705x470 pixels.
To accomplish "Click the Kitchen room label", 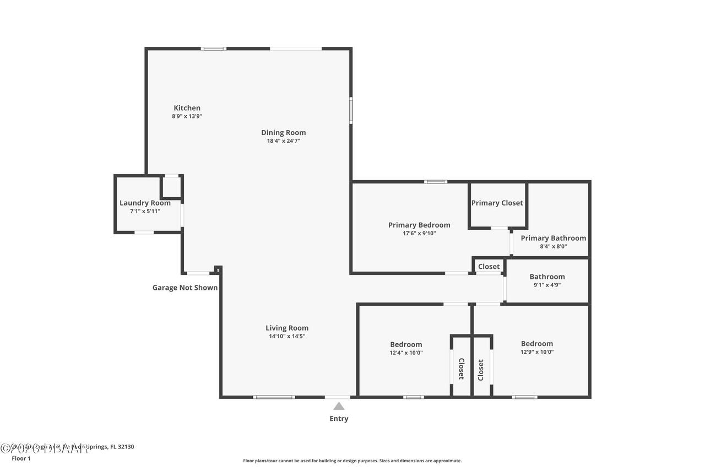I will coord(187,108).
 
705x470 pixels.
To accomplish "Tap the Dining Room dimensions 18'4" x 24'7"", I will coord(283,141).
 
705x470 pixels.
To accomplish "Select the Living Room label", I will coord(287,328).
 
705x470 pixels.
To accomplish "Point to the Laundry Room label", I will coord(145,203).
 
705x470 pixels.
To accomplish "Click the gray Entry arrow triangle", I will coord(339,406).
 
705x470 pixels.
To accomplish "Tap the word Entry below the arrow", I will coord(339,419).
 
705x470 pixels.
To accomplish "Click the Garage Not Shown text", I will coord(185,288).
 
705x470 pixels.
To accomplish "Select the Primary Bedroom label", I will coord(419,225).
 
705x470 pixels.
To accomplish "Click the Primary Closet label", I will coord(497,203).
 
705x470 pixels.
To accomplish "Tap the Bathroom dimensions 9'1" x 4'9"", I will coord(547,285).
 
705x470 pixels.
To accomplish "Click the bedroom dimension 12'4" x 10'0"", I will coord(406,353).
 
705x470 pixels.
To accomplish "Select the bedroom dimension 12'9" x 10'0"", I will coord(536,352).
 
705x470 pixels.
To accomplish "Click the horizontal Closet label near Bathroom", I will coord(489,267).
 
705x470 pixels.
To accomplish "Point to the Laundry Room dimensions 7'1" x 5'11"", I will coord(145,211).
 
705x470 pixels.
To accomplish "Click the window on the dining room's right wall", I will coord(351,110).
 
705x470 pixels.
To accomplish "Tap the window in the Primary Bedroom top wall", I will coord(435,181).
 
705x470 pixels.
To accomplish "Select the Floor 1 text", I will coord(21,458).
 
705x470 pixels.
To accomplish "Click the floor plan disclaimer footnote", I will coord(352,461).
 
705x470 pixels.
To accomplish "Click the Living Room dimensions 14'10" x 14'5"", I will coord(287,336).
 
